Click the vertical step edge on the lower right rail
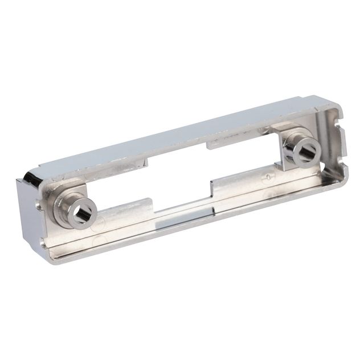point(212,186)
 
